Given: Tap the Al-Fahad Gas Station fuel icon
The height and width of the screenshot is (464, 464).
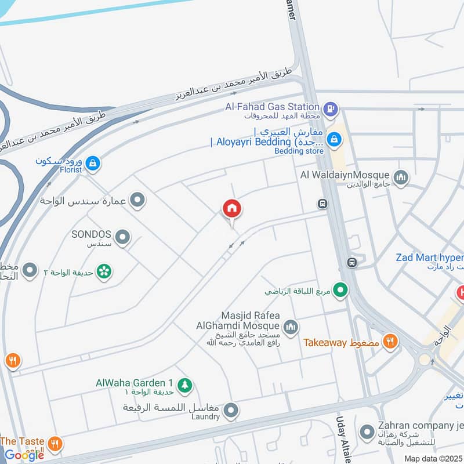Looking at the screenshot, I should [330, 107].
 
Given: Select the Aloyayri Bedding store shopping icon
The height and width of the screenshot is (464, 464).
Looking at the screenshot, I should [333, 139].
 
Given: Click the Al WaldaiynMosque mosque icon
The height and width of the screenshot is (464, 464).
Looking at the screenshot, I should [400, 176].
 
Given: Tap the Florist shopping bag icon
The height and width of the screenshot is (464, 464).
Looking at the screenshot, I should [92, 165].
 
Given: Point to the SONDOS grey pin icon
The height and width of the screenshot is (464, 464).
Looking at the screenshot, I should [122, 237].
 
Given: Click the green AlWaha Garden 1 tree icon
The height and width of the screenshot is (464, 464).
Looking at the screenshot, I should [185, 385].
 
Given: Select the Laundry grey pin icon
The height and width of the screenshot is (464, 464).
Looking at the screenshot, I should [231, 411].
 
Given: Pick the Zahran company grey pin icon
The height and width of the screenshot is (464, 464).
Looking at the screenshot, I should [367, 432].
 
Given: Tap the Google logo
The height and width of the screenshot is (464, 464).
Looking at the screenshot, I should [24, 455].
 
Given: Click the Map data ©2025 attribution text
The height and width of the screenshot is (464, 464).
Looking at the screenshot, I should [432, 458].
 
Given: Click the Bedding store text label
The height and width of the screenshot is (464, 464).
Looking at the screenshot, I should [296, 151].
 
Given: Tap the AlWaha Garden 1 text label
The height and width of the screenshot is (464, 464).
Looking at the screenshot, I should [135, 383].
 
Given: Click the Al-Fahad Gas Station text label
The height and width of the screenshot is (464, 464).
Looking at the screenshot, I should [273, 107].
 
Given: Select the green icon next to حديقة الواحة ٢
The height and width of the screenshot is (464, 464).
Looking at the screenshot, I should [104, 271].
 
